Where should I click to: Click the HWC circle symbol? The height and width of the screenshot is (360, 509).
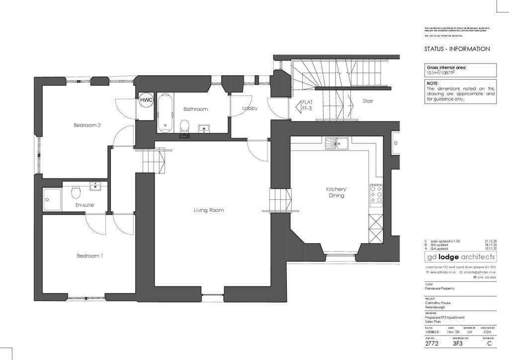click(x=146, y=100)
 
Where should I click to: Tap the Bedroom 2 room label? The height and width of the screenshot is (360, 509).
click(x=87, y=125)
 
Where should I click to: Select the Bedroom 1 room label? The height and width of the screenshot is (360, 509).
click(x=89, y=256)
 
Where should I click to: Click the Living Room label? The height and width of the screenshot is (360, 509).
click(x=208, y=210)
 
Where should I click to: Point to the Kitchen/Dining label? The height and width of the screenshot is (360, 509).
click(x=336, y=193)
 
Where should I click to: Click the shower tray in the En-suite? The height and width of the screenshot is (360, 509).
click(x=52, y=199)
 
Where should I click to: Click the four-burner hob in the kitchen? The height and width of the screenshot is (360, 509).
click(x=376, y=195)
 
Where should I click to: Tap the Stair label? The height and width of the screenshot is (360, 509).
click(x=367, y=101)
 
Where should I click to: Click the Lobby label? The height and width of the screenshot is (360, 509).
click(x=250, y=108)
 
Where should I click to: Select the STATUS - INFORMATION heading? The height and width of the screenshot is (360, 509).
click(x=457, y=49)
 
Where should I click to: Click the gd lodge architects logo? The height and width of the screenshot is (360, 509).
click(x=460, y=257)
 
